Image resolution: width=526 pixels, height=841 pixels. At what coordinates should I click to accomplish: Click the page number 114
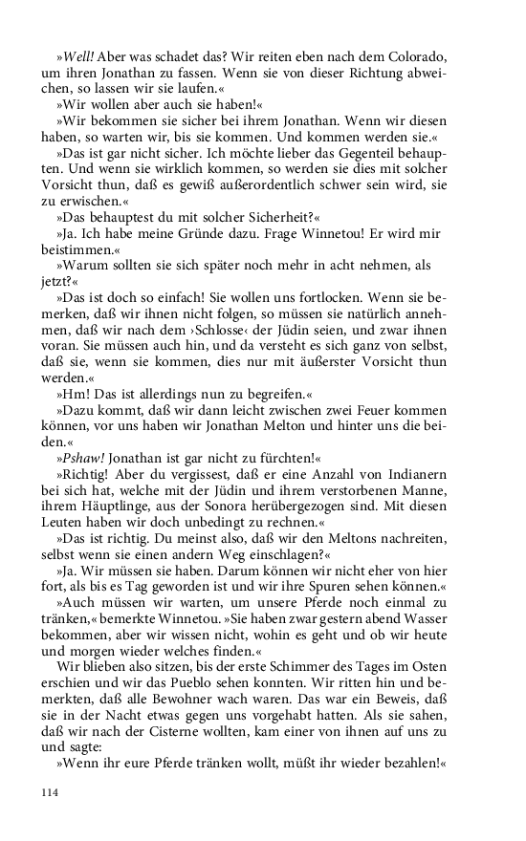51,792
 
